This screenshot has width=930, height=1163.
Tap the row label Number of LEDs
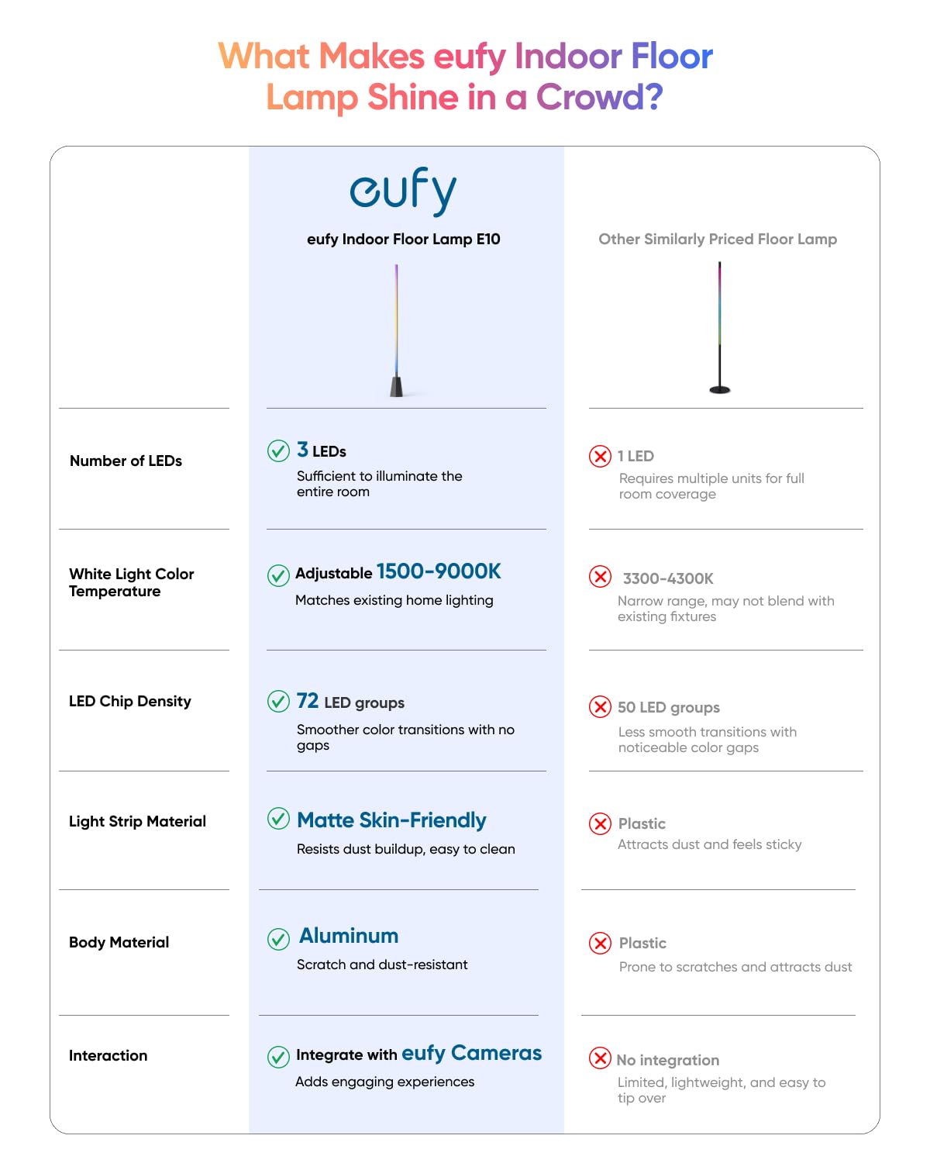pyautogui.click(x=126, y=461)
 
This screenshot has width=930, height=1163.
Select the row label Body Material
pyautogui.click(x=119, y=942)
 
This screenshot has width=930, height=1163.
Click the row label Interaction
pyautogui.click(x=108, y=1055)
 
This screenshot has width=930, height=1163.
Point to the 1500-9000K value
pyautogui.click(x=439, y=571)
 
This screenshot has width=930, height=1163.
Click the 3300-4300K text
pyautogui.click(x=668, y=578)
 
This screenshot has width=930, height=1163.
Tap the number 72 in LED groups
pyautogui.click(x=308, y=701)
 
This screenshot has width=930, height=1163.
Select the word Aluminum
pyautogui.click(x=349, y=936)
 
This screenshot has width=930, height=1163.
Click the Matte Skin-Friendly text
pyautogui.click(x=391, y=820)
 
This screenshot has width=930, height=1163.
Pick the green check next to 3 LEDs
pyautogui.click(x=278, y=450)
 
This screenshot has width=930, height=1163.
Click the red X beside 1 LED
pyautogui.click(x=600, y=456)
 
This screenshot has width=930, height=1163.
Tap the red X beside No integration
pyautogui.click(x=600, y=1058)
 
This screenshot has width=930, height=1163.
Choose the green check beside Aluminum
pyautogui.click(x=278, y=939)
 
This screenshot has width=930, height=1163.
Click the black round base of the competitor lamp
pyautogui.click(x=720, y=389)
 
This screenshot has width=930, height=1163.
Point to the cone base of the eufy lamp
pyautogui.click(x=397, y=386)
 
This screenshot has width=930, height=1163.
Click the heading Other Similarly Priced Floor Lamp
pyautogui.click(x=718, y=239)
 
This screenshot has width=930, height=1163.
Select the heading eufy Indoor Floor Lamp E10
pyautogui.click(x=403, y=239)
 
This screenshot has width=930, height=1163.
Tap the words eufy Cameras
pyautogui.click(x=471, y=1053)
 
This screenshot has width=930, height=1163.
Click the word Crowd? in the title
pyautogui.click(x=600, y=97)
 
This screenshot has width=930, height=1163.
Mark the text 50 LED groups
pyautogui.click(x=668, y=707)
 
